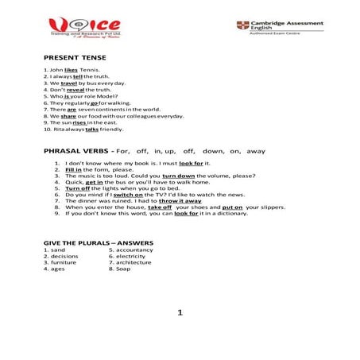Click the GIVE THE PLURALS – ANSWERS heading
click(99, 242)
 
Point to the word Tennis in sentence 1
click(90, 70)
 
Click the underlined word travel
click(68, 83)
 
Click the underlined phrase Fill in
click(74, 168)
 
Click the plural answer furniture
click(64, 262)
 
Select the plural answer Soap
click(122, 269)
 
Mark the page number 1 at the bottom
click(180, 313)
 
